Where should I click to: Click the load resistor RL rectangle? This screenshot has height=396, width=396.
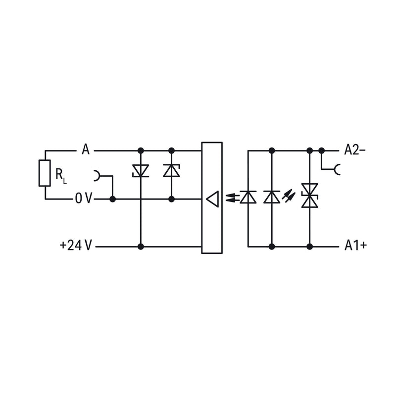pyautogui.click(x=45, y=173)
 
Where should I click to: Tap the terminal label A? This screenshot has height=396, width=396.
pyautogui.click(x=86, y=149)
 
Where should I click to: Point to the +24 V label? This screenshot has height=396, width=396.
pyautogui.click(x=76, y=245)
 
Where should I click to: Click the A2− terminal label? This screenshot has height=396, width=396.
pyautogui.click(x=355, y=150)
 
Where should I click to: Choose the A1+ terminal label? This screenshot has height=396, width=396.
pyautogui.click(x=355, y=245)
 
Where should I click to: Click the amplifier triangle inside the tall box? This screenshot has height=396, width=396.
pyautogui.click(x=212, y=199)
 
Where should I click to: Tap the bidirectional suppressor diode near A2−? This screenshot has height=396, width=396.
pyautogui.click(x=310, y=196)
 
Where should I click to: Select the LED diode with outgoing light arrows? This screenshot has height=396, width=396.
pyautogui.click(x=272, y=197)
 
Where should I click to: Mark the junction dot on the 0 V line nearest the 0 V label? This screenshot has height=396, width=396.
pyautogui.click(x=113, y=199)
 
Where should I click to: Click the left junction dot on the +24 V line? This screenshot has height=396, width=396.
pyautogui.click(x=141, y=247)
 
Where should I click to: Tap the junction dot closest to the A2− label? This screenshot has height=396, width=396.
pyautogui.click(x=321, y=151)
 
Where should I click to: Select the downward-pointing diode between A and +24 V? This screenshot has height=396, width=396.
pyautogui.click(x=141, y=171)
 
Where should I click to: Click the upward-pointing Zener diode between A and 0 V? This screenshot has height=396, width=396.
pyautogui.click(x=171, y=170)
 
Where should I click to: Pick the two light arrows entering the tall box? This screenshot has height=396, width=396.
pyautogui.click(x=232, y=197)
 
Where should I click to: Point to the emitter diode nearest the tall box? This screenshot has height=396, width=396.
pyautogui.click(x=248, y=197)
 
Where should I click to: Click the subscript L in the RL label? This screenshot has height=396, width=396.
pyautogui.click(x=65, y=181)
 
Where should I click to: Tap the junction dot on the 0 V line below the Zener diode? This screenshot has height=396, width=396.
pyautogui.click(x=171, y=199)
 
